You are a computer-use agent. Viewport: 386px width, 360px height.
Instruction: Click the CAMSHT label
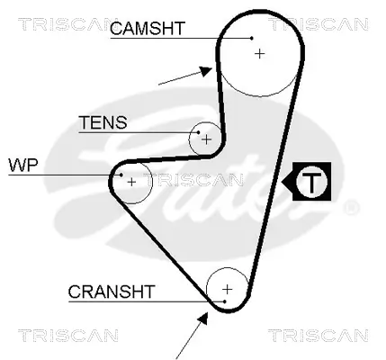[x=147, y=29]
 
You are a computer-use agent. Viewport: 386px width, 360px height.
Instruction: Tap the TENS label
[x=103, y=122]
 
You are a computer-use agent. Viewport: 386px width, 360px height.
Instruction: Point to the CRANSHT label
[x=112, y=291]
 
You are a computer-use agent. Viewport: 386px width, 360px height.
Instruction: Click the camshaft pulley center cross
[x=260, y=53]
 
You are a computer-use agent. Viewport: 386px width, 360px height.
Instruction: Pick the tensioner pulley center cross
[x=207, y=139]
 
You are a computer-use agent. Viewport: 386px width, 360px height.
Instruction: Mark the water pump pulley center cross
[x=132, y=182]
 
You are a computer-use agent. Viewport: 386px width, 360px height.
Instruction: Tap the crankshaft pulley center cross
[x=228, y=289]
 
